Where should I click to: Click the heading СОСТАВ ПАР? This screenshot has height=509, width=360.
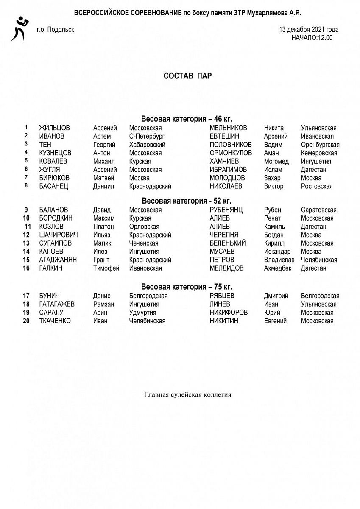pos(187,76)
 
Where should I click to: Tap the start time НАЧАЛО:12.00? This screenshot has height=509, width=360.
pos(312,37)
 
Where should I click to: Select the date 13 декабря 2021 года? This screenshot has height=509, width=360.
pos(308,30)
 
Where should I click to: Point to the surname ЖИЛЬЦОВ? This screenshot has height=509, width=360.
pos(54,128)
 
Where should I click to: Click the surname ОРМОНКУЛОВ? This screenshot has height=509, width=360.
pos(231,153)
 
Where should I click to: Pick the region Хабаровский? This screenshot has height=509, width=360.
pos(147,145)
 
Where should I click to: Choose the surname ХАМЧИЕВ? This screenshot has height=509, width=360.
pos(224,161)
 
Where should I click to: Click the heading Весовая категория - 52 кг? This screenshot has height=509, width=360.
pos(187,201)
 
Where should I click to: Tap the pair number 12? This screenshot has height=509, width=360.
pos(26,235)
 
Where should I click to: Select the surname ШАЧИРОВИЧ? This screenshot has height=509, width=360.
pos(59,235)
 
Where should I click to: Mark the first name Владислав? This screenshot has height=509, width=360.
pos(279,260)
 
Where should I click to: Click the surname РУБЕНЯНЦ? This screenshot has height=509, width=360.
pos(226,210)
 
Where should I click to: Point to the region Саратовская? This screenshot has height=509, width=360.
pos(318,210)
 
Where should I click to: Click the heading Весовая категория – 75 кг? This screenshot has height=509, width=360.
pos(187,287)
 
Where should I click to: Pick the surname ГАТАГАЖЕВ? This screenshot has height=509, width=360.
pos(57,305)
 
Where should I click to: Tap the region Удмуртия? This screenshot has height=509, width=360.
pos(142,313)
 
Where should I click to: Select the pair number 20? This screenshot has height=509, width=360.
pos(26,321)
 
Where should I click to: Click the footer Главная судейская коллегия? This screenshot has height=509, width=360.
pos(187,394)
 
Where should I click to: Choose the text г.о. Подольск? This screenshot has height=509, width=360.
pos(56,30)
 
